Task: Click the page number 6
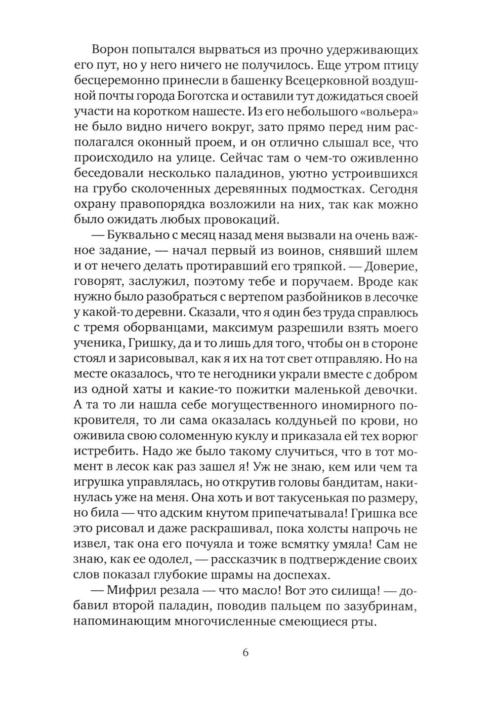246,653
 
